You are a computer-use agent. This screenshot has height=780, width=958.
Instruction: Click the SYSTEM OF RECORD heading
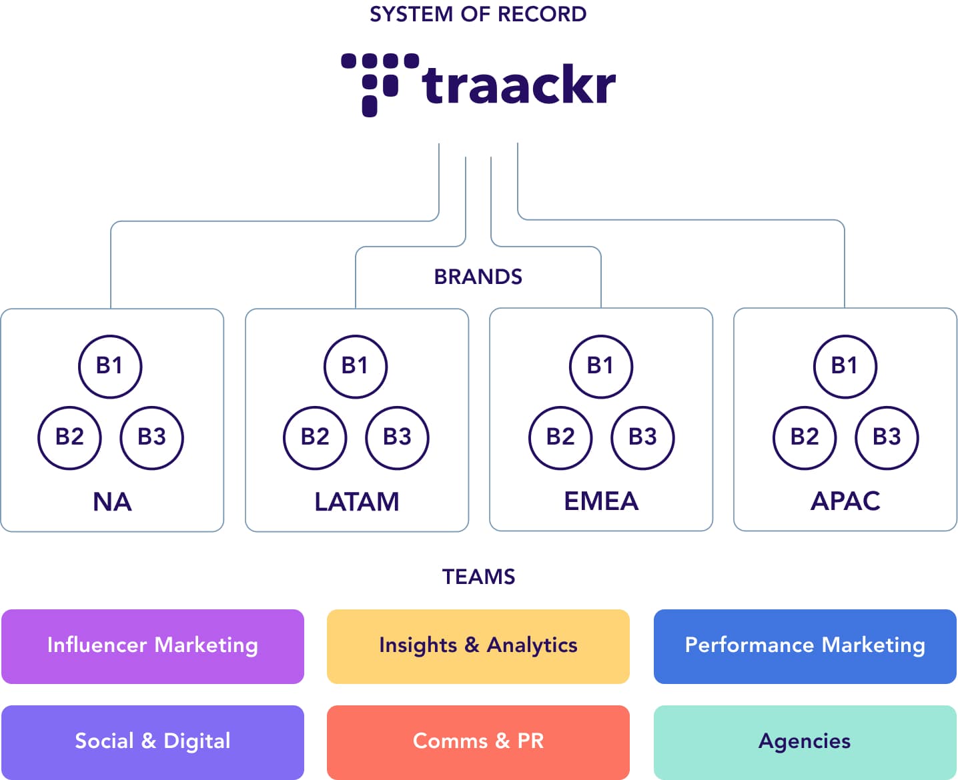[x=478, y=15]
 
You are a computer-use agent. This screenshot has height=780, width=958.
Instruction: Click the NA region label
[x=112, y=502]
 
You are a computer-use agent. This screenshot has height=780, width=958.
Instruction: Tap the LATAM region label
[x=357, y=502]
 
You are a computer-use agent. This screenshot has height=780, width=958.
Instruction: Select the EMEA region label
[x=601, y=501]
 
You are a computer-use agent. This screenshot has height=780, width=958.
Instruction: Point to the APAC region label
[x=845, y=501]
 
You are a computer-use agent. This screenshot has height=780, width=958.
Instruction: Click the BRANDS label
[x=478, y=277]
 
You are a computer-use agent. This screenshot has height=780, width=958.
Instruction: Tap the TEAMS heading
[x=478, y=577]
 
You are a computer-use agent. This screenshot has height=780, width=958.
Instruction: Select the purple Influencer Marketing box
[x=153, y=647]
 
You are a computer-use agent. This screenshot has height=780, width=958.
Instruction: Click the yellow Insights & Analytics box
[x=478, y=647]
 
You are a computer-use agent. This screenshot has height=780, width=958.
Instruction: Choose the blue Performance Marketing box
[x=805, y=647]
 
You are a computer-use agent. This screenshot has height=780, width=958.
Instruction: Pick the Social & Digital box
[x=153, y=742]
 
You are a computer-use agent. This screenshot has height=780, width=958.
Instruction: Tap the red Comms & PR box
[x=478, y=742]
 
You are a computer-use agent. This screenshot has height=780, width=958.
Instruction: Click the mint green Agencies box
[x=805, y=742]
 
